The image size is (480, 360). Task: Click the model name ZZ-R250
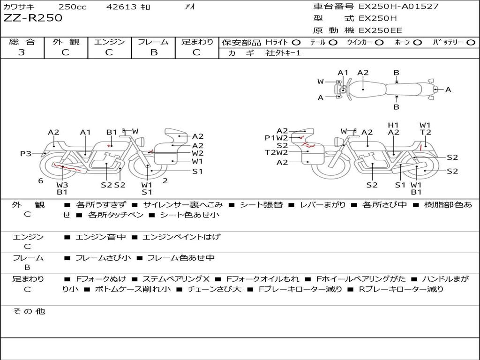tap(33, 18)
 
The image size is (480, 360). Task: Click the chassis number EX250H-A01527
tap(398, 6)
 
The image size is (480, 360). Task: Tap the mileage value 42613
tap(121, 7)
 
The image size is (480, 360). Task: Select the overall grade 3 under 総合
tap(22, 52)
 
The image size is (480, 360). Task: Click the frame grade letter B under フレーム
tap(154, 52)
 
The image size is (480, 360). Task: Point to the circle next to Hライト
tap(296, 43)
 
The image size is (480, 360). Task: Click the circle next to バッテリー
tap(471, 43)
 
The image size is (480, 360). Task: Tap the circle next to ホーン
tap(418, 43)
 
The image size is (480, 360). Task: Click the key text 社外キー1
tap(283, 53)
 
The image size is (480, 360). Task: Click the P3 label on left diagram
tap(26, 153)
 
